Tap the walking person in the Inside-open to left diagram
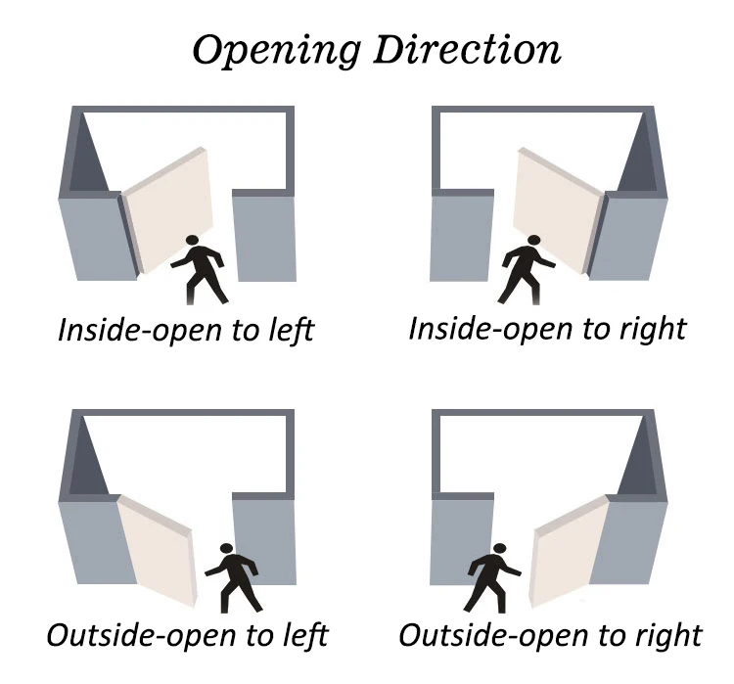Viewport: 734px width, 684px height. click(x=201, y=269)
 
